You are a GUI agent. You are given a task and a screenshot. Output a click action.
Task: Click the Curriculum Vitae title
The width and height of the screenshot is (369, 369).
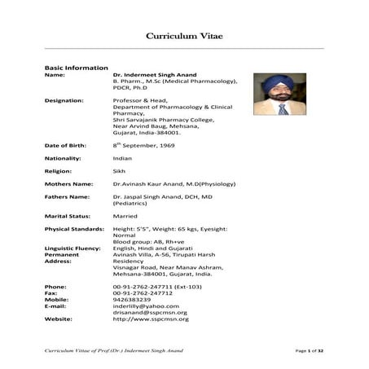click(x=184, y=36)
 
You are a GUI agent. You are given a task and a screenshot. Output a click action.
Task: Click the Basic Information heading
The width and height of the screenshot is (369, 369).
click(x=76, y=68)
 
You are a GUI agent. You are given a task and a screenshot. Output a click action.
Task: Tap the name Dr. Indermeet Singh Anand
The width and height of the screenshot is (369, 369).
click(x=160, y=75)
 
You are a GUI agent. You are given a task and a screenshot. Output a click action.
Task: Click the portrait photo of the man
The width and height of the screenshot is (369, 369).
click(x=279, y=94)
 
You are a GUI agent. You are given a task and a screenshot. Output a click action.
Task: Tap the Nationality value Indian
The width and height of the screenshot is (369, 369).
click(x=122, y=158)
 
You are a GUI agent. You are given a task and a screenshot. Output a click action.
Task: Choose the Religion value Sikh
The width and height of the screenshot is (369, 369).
click(x=120, y=171)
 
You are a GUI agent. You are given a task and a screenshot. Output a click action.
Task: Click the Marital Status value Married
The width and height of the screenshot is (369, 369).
click(x=125, y=216)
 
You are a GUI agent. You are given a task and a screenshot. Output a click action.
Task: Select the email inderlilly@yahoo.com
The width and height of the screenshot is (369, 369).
click(x=145, y=306)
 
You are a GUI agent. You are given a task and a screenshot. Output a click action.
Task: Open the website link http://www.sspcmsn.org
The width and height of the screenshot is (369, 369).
click(x=151, y=319)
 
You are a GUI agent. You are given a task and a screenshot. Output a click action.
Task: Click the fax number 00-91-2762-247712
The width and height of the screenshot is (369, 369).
click(x=148, y=293)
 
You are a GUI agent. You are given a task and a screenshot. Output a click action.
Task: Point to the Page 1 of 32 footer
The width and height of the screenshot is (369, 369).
click(x=309, y=349)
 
